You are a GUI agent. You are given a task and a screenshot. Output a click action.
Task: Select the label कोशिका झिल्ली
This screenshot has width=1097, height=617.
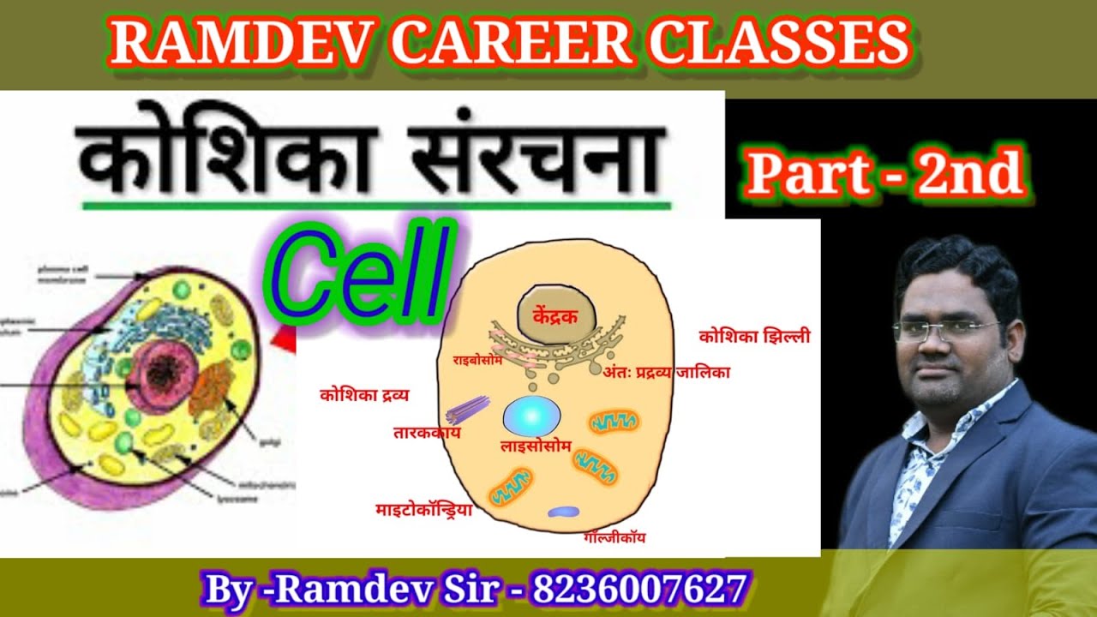[754, 337]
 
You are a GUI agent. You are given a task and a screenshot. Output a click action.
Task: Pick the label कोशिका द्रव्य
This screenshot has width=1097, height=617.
[364, 395]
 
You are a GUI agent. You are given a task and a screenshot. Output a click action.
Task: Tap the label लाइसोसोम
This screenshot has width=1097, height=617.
[536, 446]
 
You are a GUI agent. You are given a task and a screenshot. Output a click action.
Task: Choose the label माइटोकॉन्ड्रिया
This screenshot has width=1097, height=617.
[424, 510]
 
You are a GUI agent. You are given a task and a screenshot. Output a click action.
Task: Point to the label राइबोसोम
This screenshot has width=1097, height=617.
[482, 361]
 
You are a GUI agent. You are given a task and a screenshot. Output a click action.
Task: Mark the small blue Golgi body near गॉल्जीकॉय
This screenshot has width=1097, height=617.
[563, 512]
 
